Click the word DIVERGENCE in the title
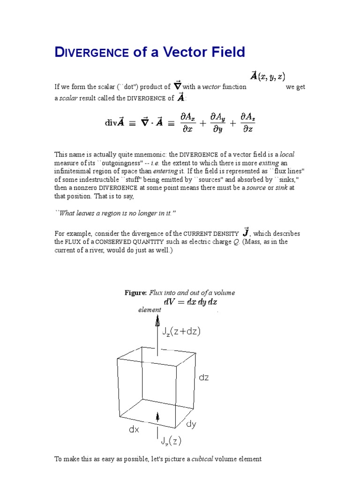[x=92, y=52]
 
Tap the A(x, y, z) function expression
[x=267, y=76]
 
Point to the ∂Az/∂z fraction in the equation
[x=247, y=122]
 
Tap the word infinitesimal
[x=74, y=171]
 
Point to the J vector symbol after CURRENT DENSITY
[x=246, y=232]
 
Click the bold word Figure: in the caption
[x=135, y=292]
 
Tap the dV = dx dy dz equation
[x=190, y=302]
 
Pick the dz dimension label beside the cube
[x=203, y=377]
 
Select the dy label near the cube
[x=191, y=424]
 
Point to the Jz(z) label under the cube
[x=170, y=441]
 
